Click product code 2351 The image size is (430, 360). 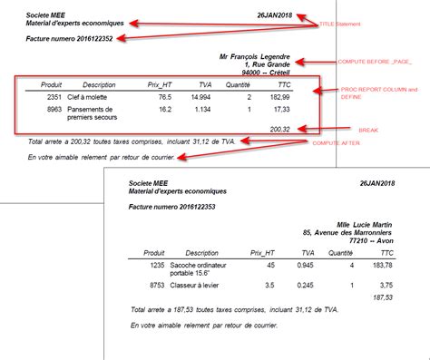(54, 96)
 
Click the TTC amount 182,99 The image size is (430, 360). (279, 96)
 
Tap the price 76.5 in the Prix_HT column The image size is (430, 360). (164, 96)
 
